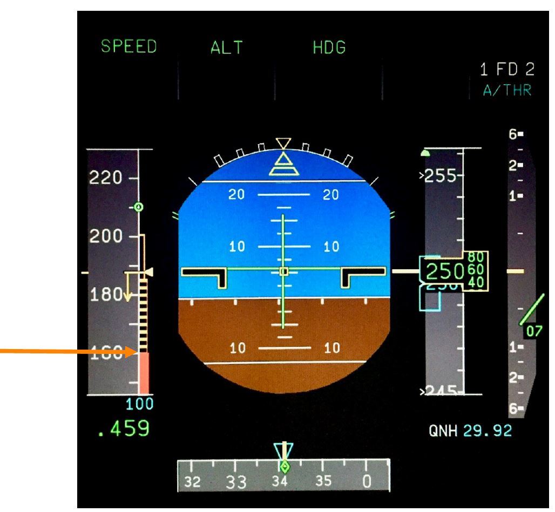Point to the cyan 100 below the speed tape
pyautogui.click(x=140, y=404)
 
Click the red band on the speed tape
pyautogui.click(x=144, y=373)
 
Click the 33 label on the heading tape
pyautogui.click(x=232, y=480)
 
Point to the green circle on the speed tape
pyautogui.click(x=139, y=207)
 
